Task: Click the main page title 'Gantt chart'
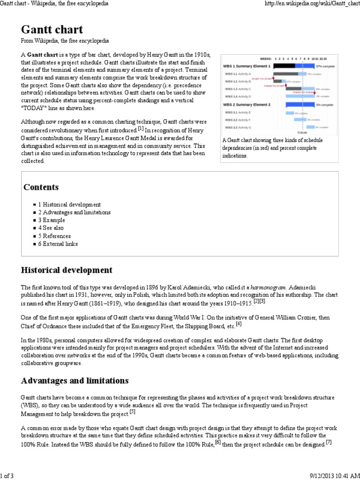click(52, 30)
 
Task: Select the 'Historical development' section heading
click(67, 270)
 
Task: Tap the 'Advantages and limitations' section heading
click(75, 380)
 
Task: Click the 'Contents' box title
click(41, 187)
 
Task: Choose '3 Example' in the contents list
click(52, 220)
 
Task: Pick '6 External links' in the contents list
click(58, 244)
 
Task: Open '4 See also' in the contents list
click(52, 228)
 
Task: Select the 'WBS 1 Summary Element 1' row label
click(247, 66)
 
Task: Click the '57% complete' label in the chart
click(325, 66)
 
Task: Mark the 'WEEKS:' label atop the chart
click(266, 59)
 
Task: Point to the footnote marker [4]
click(239, 323)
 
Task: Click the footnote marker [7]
click(329, 442)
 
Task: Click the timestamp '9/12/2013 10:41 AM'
click(334, 476)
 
